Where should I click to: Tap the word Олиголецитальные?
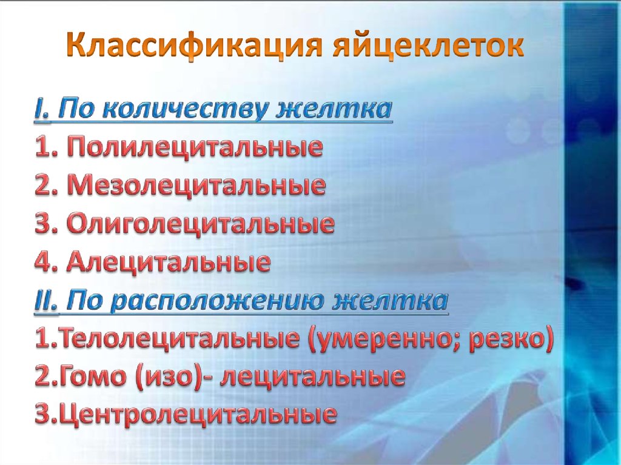200,224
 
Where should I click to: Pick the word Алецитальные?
168,262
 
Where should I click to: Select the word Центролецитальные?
193,415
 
